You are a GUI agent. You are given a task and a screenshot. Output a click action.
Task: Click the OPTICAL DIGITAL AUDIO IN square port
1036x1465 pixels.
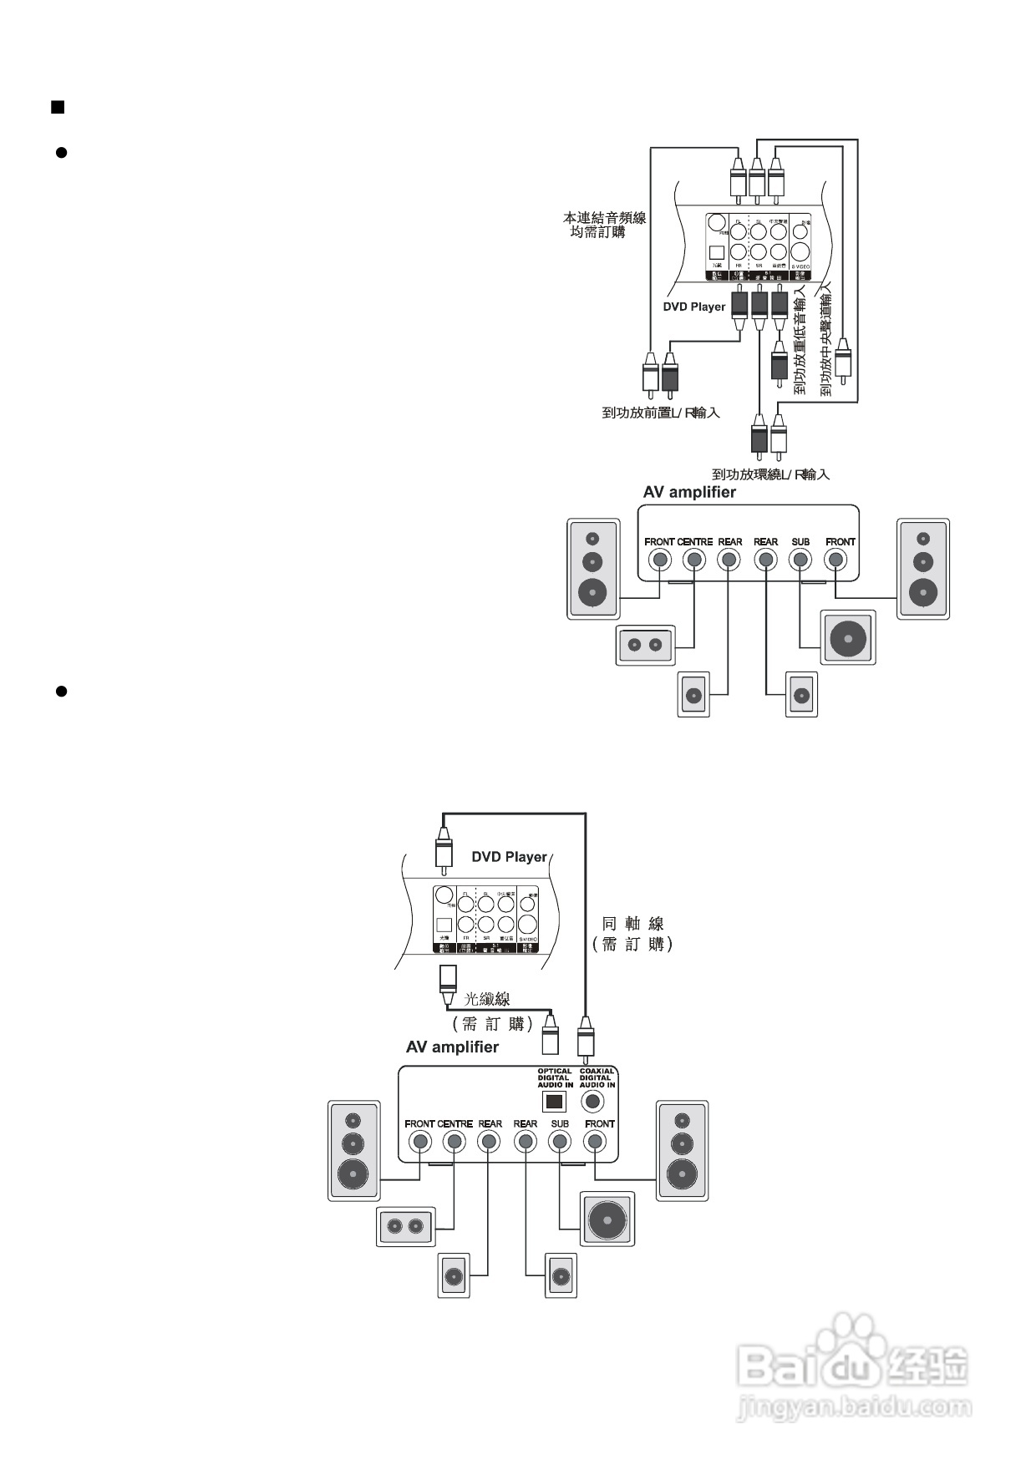554,1101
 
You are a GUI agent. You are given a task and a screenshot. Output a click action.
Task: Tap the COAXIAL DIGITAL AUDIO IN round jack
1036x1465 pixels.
595,1101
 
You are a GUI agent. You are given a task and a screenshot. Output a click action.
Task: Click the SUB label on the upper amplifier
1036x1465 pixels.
800,542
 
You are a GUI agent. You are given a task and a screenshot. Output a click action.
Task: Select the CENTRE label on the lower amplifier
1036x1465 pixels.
455,1124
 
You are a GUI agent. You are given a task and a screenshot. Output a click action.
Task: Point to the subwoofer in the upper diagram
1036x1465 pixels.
848,638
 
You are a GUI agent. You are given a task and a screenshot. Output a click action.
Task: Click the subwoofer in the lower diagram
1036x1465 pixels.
607,1219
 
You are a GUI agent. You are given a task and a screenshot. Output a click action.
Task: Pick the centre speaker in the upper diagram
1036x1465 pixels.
645,645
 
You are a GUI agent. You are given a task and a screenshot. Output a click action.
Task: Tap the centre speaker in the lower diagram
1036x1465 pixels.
405,1227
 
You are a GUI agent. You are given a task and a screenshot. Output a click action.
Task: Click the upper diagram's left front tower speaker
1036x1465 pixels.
593,569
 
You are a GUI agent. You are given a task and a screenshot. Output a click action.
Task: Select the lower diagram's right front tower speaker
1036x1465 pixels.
683,1151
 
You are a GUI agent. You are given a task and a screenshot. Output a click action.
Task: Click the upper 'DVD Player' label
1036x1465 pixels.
694,307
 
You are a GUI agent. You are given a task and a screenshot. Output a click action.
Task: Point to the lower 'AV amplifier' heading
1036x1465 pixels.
452,1047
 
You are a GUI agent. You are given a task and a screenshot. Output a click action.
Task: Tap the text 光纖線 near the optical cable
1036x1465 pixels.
486,999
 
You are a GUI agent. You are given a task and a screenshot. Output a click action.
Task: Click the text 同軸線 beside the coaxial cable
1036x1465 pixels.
633,924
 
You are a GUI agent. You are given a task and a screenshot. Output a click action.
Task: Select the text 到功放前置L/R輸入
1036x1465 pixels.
661,413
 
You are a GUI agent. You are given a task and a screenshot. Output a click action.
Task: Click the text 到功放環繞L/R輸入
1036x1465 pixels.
770,474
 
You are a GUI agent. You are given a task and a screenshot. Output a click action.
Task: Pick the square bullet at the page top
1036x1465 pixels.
58,107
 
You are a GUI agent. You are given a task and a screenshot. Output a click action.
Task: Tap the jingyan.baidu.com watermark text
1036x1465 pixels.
854,1407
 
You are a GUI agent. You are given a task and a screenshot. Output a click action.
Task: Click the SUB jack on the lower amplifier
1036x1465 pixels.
560,1142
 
